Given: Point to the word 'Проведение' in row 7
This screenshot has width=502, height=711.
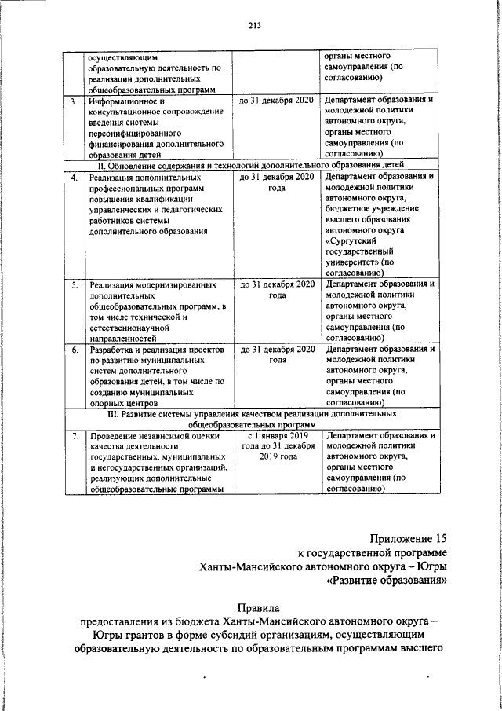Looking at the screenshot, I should pos(116,434).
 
